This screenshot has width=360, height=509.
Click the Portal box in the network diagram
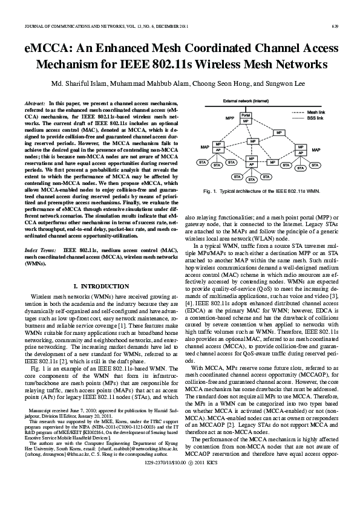tap(246, 114)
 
